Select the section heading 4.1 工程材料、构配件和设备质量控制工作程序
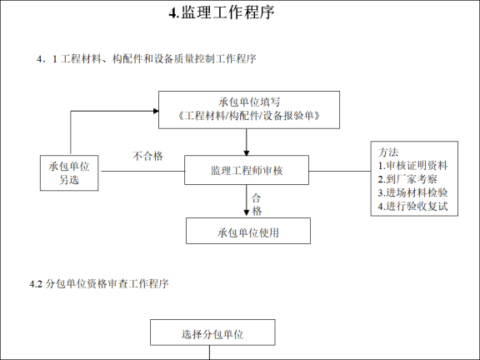146,59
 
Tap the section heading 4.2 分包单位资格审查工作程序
99,284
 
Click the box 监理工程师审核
247,171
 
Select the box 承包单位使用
247,232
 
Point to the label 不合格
147,156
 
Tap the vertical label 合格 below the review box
257,204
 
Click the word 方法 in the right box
388,152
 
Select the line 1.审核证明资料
412,166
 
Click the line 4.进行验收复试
412,206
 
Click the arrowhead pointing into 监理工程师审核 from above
247,152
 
